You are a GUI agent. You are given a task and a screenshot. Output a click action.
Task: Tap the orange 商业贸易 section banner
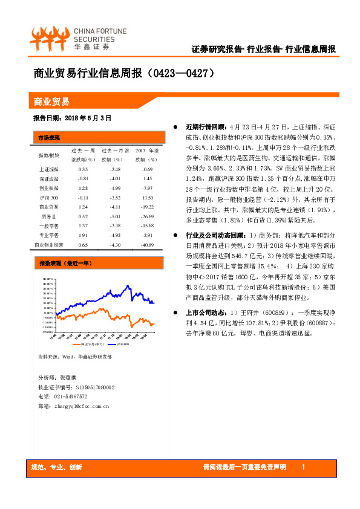coord(51,101)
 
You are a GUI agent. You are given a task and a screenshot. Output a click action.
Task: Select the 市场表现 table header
coord(48,137)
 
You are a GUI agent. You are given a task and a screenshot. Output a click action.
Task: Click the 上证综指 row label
coord(49,169)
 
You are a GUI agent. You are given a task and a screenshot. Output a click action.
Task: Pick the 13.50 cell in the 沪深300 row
coord(146,198)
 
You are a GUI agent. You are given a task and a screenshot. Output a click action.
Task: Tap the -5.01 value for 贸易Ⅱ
coord(116,216)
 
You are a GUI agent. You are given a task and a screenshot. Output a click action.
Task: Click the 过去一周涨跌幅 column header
coord(83,155)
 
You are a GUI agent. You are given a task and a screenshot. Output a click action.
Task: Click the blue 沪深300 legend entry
coord(109,344)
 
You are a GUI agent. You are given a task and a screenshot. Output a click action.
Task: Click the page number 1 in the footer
coord(303,467)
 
